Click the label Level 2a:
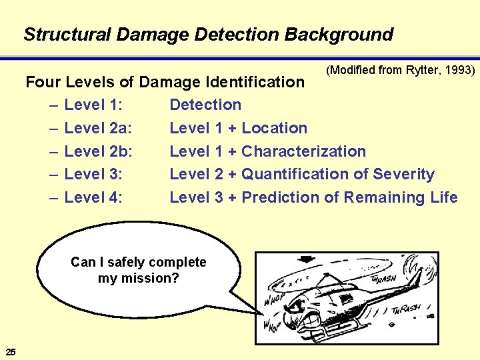coord(98,128)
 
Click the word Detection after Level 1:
coord(205,105)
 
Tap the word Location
coord(274,128)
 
